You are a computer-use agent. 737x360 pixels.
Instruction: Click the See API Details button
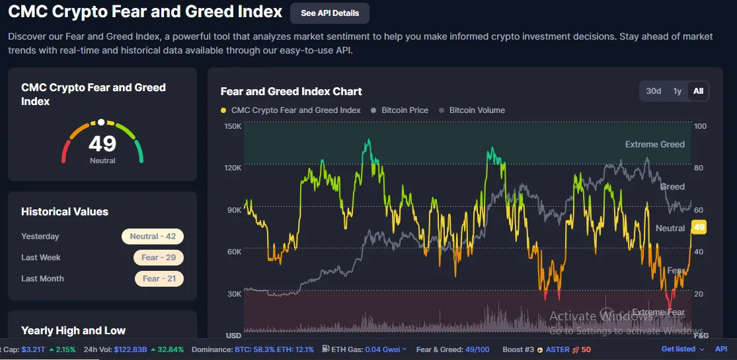(330, 13)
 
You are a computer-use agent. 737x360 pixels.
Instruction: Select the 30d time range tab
(653, 91)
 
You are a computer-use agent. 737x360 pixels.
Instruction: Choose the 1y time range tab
(677, 91)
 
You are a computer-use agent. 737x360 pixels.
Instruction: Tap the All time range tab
(698, 91)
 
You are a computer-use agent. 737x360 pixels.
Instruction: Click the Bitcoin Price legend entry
(405, 110)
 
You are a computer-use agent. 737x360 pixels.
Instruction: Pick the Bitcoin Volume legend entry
(477, 110)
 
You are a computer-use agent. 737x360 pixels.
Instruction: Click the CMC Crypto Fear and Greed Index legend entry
(295, 110)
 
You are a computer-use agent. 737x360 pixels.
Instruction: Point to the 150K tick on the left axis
(233, 126)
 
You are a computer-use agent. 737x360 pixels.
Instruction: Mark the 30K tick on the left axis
(233, 293)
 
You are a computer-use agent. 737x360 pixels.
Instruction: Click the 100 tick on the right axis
(700, 126)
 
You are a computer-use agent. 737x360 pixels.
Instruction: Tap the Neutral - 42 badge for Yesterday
(153, 236)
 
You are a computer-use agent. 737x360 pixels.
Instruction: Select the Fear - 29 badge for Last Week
(159, 258)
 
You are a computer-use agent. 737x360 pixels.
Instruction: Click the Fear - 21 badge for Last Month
(159, 279)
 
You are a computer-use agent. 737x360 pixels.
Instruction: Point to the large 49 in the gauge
(102, 143)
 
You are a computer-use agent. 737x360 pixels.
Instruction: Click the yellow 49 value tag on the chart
(699, 227)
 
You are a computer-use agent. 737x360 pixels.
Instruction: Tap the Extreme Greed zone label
(654, 144)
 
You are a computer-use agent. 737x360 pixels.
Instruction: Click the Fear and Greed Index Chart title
(291, 91)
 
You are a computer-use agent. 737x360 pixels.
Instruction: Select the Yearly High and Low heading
(73, 330)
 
